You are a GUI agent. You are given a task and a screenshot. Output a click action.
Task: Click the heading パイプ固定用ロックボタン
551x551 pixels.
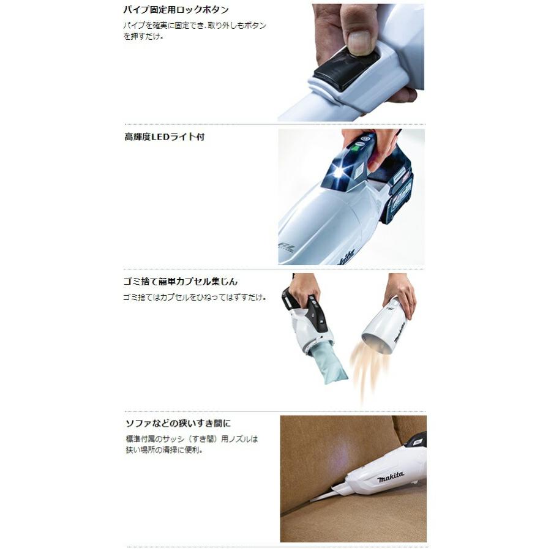click(x=177, y=10)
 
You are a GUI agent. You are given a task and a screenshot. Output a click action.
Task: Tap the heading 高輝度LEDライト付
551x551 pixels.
click(x=164, y=137)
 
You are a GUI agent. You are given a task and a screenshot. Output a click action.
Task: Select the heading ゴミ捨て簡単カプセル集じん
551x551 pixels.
click(x=181, y=282)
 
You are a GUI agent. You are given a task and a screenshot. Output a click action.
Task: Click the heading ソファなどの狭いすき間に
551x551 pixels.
click(x=178, y=423)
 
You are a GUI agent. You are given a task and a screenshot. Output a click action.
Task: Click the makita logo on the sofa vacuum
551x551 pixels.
click(x=390, y=476)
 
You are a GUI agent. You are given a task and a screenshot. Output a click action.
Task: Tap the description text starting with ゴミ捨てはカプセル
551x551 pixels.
click(x=195, y=297)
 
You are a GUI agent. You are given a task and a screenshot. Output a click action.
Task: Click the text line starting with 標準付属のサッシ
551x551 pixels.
click(x=191, y=439)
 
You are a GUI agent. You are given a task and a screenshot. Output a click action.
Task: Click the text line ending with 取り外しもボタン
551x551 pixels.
click(x=195, y=26)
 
